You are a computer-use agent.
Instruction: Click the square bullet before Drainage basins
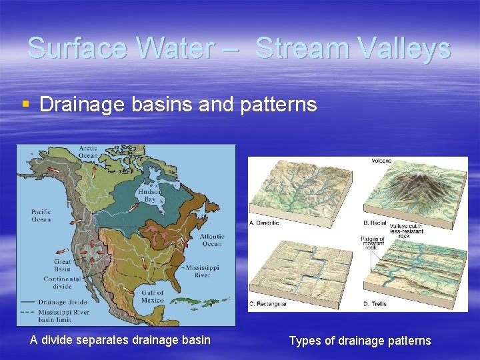coord(25,104)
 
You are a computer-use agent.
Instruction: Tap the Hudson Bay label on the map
coord(147,195)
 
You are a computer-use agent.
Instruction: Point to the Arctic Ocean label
coord(88,152)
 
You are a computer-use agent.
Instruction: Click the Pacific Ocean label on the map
coord(41,215)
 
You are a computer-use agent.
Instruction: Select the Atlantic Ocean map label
coord(211,240)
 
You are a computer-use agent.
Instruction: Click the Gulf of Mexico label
coord(152,296)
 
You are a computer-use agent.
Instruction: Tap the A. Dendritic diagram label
coord(264,223)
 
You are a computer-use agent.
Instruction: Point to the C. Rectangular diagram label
coord(269,304)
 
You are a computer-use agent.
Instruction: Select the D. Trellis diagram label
coord(375,304)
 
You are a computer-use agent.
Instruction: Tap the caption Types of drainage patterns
coord(359,341)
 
